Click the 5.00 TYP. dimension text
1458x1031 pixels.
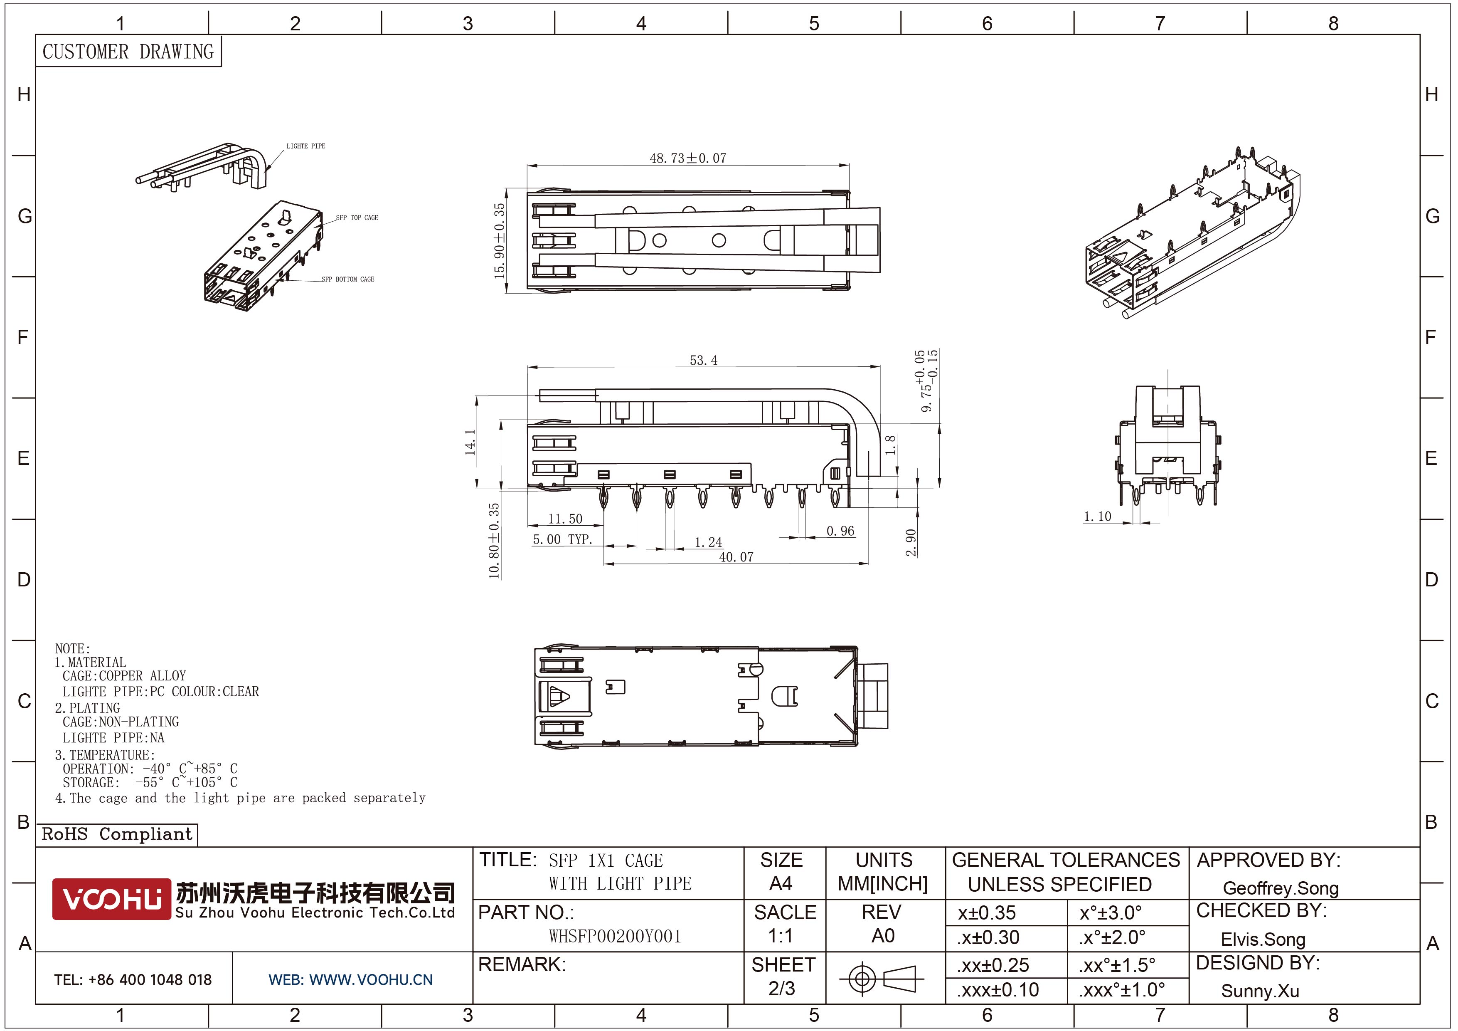tap(562, 539)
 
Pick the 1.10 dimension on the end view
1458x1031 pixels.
tap(1097, 517)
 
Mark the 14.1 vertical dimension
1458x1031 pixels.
tap(470, 442)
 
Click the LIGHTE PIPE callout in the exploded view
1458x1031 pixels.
tap(305, 146)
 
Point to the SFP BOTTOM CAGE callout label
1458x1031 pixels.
tap(347, 279)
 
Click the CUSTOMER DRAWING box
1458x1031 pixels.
tap(128, 52)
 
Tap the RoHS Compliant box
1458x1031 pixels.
tap(117, 834)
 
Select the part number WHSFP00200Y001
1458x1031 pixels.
tap(615, 936)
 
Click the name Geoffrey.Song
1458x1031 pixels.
tap(1280, 888)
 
